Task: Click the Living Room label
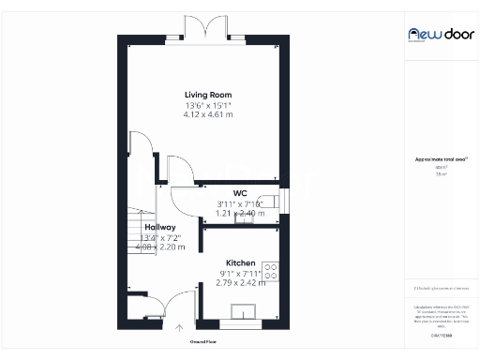pos(208,95)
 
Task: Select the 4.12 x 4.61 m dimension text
pos(208,113)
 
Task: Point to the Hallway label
pos(160,227)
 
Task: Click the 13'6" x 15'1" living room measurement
pos(208,104)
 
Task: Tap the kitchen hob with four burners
pos(272,273)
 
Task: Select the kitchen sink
pos(248,312)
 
